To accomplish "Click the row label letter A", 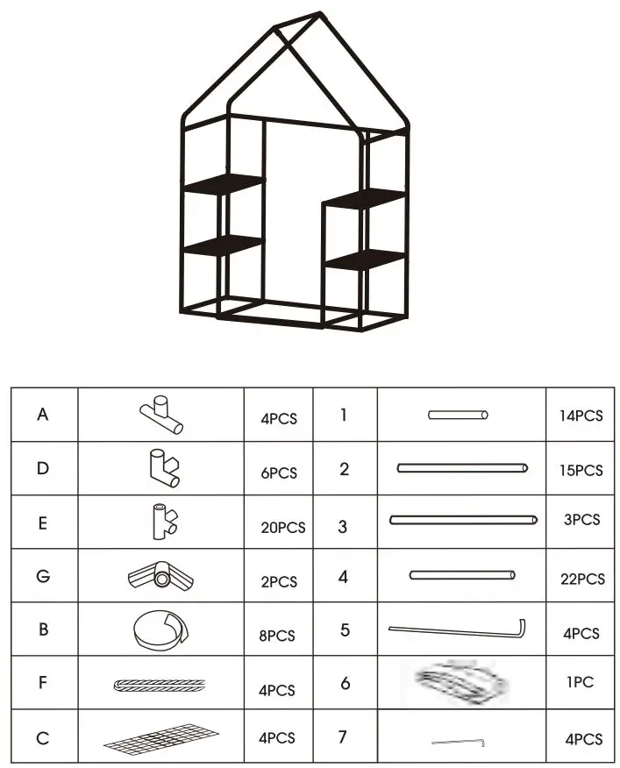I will coord(43,415).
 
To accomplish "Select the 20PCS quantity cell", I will coord(282,527).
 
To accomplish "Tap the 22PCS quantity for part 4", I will coord(581,579).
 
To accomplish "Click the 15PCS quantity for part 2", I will coord(581,470).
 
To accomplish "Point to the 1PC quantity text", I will coord(581,682).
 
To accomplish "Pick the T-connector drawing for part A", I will coord(160,415).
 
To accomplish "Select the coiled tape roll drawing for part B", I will coord(159,630).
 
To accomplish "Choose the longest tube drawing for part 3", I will coord(463,520).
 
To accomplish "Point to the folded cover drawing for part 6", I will coord(462,681).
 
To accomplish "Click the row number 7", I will coord(343,736).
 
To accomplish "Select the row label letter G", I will coord(43,577).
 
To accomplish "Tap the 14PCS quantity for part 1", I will coord(581,416).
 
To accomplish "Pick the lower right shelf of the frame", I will coord(364,259).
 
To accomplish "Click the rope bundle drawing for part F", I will coord(160,686).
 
